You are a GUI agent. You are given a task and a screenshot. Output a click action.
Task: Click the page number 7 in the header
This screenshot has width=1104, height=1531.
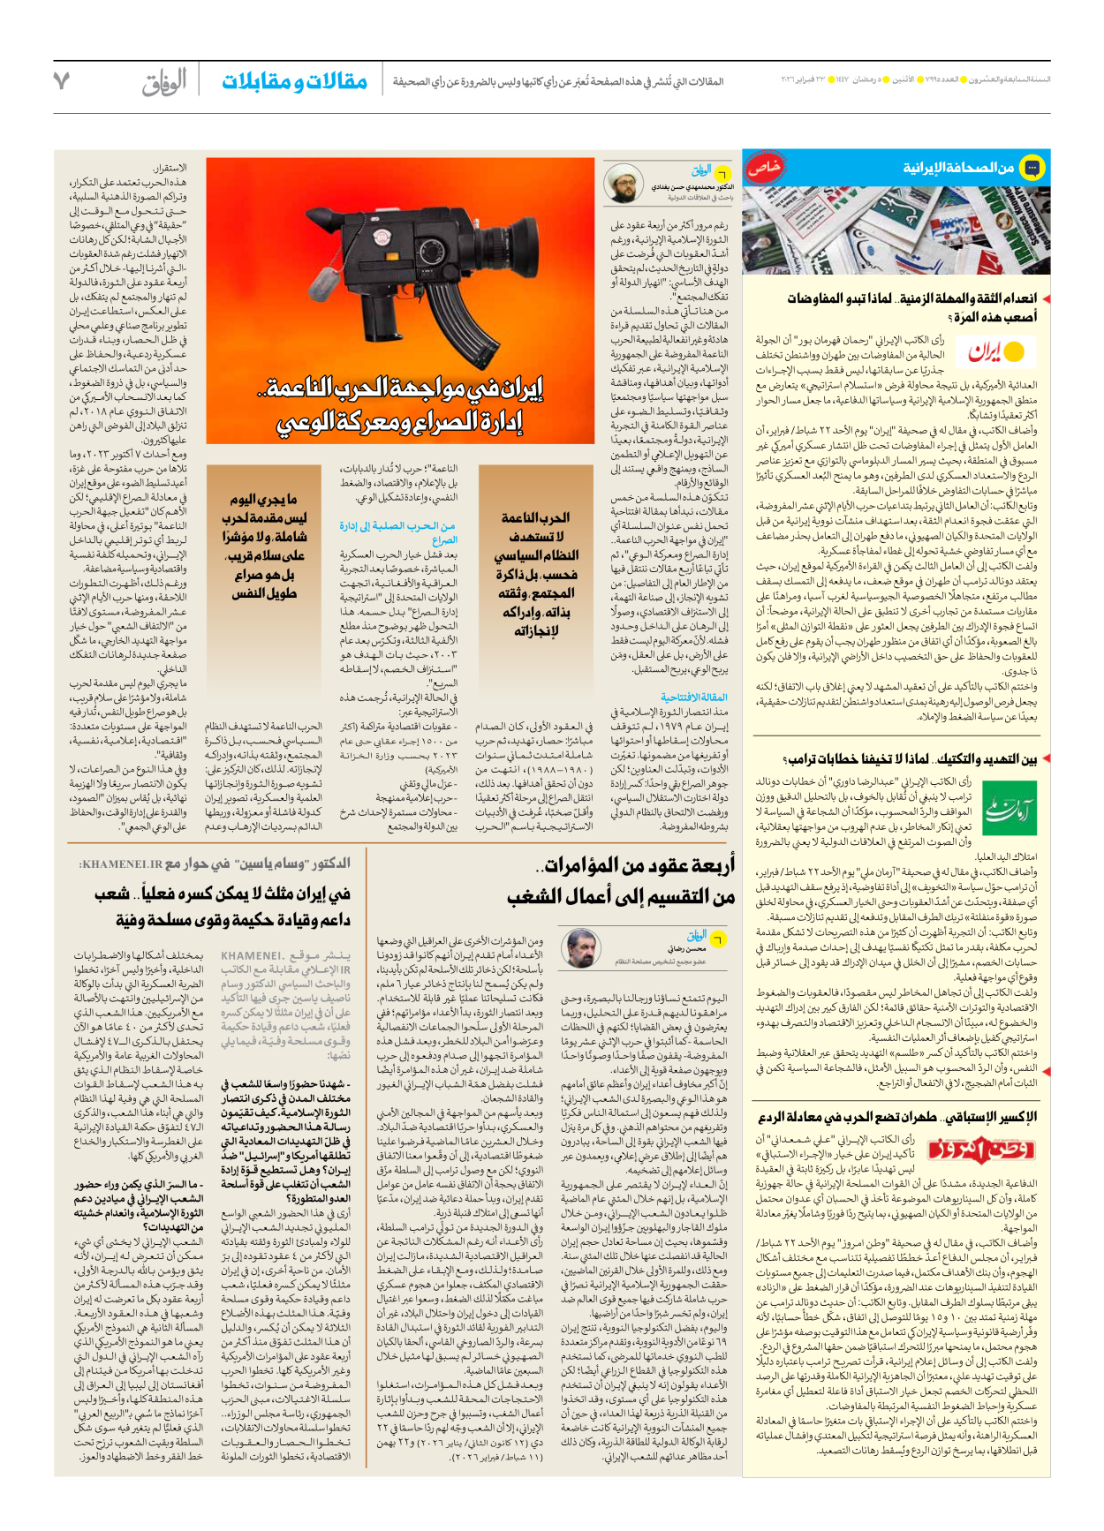[61, 81]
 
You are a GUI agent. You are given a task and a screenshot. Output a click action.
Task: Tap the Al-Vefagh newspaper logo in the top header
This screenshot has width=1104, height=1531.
[165, 82]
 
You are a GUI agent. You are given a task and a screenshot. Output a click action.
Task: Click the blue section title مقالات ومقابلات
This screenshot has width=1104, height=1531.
[294, 81]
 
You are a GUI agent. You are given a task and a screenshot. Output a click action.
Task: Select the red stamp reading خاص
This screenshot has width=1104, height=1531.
[763, 168]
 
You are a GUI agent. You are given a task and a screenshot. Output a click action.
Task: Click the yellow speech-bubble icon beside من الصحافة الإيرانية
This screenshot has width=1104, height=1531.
[1031, 168]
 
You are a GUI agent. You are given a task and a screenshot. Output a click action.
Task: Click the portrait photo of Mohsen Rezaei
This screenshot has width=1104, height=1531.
[581, 947]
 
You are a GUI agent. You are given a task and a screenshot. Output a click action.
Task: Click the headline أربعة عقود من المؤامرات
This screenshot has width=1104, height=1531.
[639, 865]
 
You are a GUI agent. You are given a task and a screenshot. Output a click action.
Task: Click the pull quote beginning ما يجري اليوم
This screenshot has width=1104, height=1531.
[263, 546]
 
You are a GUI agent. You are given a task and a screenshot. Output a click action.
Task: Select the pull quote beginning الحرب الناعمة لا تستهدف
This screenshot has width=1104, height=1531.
[535, 573]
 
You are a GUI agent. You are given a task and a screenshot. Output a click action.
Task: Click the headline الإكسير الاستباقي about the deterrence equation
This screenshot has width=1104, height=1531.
[896, 1117]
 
